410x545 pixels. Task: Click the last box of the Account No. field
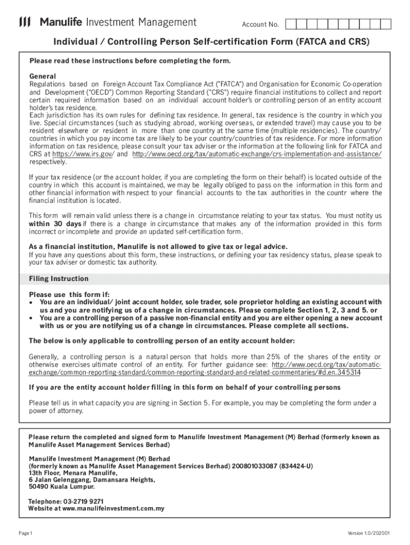(386, 24)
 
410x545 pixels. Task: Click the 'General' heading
(43, 76)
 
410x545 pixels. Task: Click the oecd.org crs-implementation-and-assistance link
(257, 154)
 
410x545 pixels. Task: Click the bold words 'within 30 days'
(54, 224)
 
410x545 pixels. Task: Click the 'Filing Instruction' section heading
(59, 279)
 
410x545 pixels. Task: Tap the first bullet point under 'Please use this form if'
(31, 302)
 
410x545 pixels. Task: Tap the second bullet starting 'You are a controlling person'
(31, 318)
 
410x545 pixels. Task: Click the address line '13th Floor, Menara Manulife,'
(73, 473)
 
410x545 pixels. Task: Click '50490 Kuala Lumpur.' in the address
(62, 486)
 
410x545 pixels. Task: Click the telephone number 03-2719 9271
(84, 501)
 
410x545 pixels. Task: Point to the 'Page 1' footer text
(26, 533)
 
